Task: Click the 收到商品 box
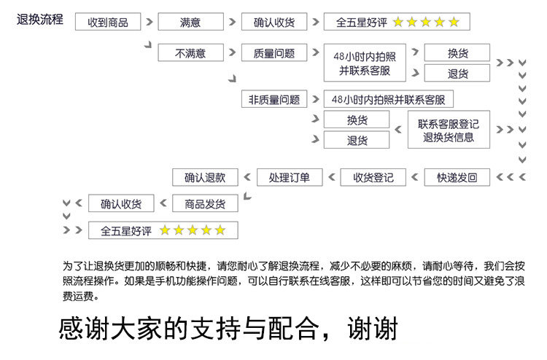107,22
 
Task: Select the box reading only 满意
190,22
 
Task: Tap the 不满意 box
190,53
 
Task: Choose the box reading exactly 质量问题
274,53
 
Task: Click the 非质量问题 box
274,100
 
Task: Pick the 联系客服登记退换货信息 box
449,130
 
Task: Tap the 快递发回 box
457,177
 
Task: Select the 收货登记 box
373,177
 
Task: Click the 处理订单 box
289,177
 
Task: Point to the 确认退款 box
205,177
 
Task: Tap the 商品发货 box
205,203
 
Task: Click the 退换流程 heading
40,20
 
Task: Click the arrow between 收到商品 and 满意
149,22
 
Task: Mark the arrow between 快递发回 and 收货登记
414,177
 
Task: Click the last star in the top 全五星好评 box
454,22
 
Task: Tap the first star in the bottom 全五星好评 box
165,230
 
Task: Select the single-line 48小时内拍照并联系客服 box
388,100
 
